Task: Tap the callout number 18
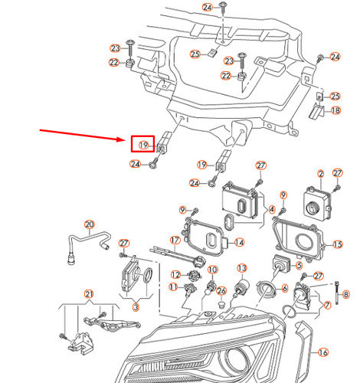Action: coord(334,110)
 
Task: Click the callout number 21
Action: coord(89,295)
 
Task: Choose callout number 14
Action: coord(239,242)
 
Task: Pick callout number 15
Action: coord(339,244)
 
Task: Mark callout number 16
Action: coord(322,352)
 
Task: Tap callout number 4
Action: coord(272,208)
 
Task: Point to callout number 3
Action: coord(135,307)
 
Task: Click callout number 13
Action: coord(241,268)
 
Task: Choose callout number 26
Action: coord(222,290)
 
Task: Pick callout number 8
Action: coord(345,293)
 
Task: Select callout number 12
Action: coord(175,274)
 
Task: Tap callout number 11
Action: coord(174,289)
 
